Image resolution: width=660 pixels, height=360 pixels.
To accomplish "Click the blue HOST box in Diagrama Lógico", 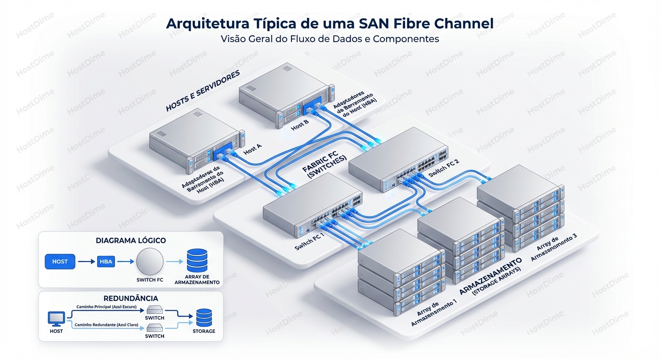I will (x=60, y=262).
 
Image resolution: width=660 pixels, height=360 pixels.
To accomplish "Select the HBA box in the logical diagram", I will (x=106, y=262).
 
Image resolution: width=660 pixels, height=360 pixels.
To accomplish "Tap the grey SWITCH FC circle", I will (x=150, y=262).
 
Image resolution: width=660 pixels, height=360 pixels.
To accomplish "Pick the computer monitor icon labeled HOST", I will (x=56, y=319).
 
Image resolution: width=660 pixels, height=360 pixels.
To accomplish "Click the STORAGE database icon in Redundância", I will (x=203, y=317).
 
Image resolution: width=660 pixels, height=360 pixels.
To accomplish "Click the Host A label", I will (x=253, y=150).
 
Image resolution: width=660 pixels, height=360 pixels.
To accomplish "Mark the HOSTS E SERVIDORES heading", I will (x=202, y=91).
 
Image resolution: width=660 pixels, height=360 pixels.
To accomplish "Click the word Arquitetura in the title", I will (x=204, y=23).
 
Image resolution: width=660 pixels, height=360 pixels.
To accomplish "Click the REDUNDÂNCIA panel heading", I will (x=130, y=298).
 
